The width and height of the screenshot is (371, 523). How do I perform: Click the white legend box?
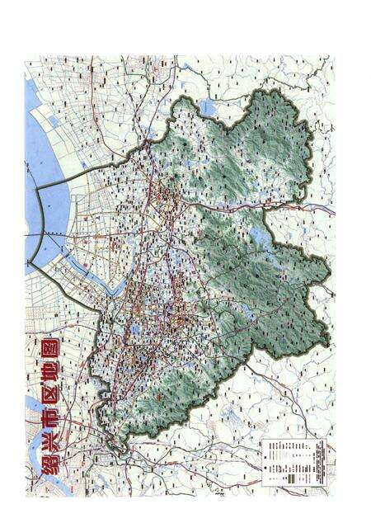(x=293, y=464)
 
